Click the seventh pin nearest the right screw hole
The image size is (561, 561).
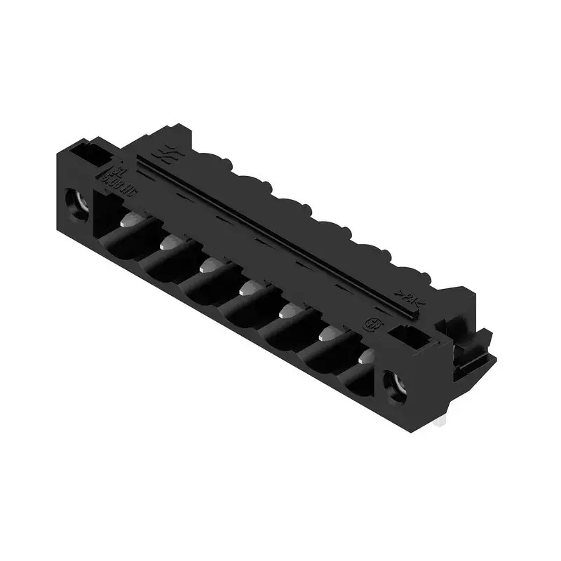click(x=365, y=358)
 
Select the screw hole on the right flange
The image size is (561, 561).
click(x=398, y=385)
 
